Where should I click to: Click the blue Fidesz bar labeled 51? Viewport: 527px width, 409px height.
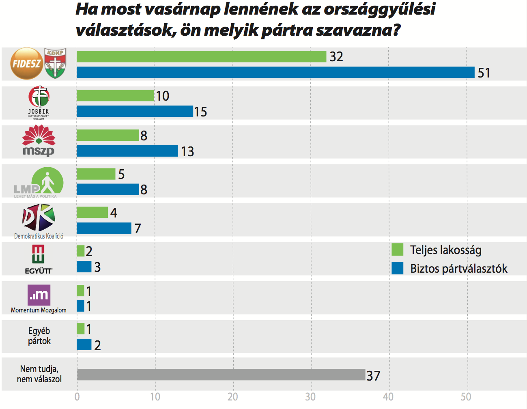pos(275,73)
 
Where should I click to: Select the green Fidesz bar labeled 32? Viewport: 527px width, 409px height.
pos(201,57)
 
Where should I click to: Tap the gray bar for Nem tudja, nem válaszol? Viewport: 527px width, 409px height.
pos(221,375)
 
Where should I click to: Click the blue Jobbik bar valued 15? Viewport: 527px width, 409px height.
pos(135,112)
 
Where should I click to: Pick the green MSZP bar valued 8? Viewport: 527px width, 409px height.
pos(108,136)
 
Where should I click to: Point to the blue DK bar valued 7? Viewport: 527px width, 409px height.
pos(104,228)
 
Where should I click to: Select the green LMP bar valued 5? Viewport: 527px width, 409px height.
pos(96,174)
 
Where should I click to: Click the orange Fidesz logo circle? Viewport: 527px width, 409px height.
pos(26,64)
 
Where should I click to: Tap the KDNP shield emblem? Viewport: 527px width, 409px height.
pos(55,64)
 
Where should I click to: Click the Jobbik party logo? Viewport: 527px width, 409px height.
pos(39,101)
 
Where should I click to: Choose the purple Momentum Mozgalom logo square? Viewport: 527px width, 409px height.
pos(39,295)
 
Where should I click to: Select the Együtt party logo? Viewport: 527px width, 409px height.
pos(39,259)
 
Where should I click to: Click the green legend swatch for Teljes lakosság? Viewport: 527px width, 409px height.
pos(398,250)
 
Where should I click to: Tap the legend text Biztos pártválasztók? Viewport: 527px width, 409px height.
pos(458,269)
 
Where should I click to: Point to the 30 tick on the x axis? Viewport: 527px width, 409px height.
pos(310,397)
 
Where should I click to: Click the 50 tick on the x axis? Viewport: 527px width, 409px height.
pos(466,397)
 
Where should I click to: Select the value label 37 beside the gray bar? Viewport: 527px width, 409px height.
pos(373,376)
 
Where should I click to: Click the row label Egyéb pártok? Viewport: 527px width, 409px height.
pos(39,336)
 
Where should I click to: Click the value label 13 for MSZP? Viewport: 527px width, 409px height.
pos(187,152)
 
